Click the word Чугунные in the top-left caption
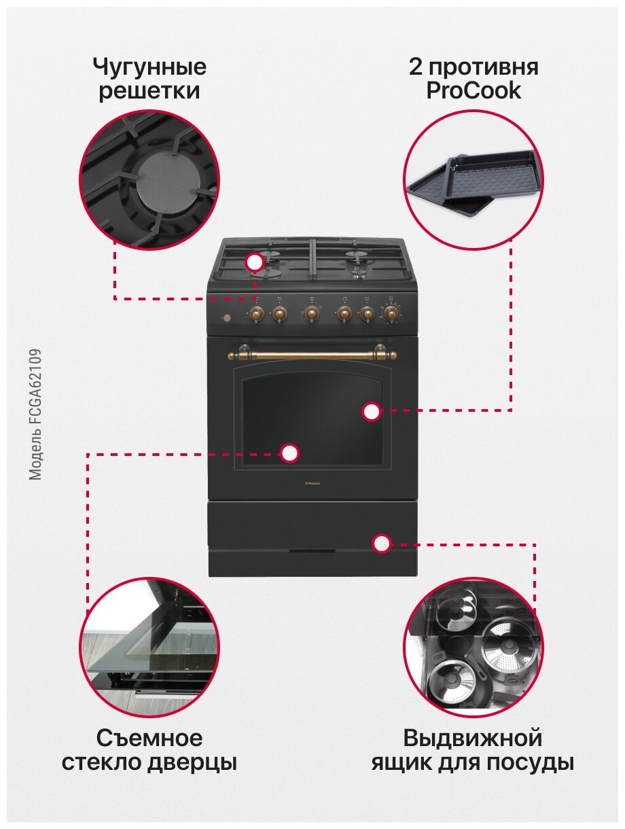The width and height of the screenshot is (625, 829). [149, 68]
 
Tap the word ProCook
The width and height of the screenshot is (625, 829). [474, 91]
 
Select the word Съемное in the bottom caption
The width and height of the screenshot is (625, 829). [149, 738]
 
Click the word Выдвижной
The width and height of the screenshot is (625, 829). [473, 738]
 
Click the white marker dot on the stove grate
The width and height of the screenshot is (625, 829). [255, 262]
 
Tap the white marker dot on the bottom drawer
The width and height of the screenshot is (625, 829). [382, 542]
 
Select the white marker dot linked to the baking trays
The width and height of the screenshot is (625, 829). [371, 411]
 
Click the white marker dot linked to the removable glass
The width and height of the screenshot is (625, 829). [290, 453]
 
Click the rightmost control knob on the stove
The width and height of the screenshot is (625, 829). [391, 313]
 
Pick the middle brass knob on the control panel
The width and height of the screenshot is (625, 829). [311, 313]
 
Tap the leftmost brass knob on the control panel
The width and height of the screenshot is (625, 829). [256, 313]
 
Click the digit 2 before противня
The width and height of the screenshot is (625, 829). [415, 68]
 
